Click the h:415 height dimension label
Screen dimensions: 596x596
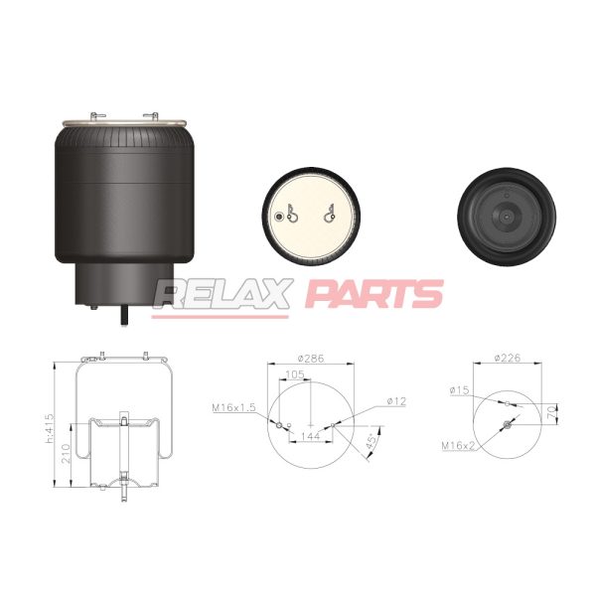[50, 428]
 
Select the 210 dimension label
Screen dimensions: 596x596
[66, 454]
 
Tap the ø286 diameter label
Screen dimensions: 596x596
[311, 358]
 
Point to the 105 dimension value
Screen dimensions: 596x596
[295, 374]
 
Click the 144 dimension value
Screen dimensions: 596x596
[311, 436]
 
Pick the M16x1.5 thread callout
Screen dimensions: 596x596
[233, 408]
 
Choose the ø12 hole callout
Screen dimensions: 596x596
[396, 401]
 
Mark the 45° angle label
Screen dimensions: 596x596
[372, 443]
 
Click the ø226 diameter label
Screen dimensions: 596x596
[507, 358]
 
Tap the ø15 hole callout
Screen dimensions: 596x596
[459, 390]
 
